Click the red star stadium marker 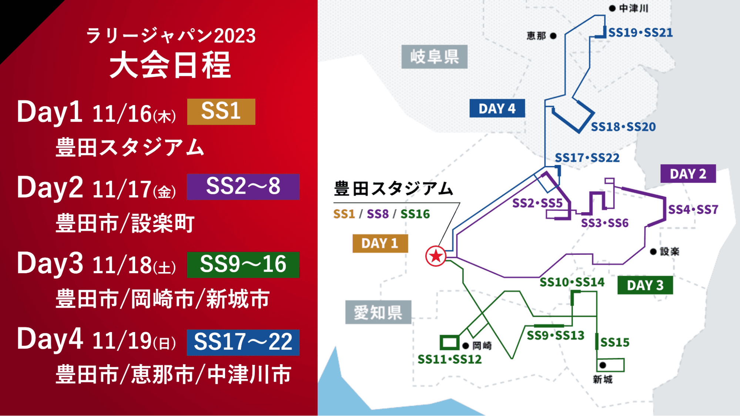coord(436,256)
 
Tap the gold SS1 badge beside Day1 coord(221,112)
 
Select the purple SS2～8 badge coord(243,187)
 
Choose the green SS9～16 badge coord(243,265)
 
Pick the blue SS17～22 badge coord(243,342)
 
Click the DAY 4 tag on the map coord(497,108)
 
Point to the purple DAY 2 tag coord(688,174)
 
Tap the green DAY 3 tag coord(645,285)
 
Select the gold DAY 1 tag coord(380,243)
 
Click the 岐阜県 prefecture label coord(435,57)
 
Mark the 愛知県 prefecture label coord(378,312)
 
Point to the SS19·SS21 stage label coord(641,33)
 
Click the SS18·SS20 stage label coord(623,127)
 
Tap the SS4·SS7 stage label coord(693,210)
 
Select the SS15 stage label coord(615,342)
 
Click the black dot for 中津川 coord(612,8)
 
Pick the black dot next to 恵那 coord(553,36)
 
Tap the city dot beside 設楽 coord(653,252)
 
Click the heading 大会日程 coord(170,65)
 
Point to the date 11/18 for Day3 coord(122,265)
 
